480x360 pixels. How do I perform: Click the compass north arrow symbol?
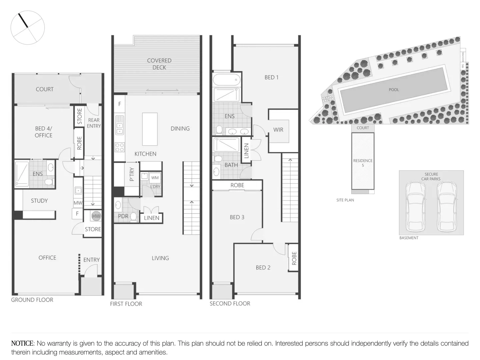click(x=24, y=20)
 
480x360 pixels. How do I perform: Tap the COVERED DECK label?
click(x=159, y=64)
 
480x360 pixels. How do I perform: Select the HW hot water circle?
click(x=96, y=216)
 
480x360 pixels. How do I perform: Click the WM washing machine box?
click(x=155, y=178)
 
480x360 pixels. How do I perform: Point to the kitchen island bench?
click(x=150, y=129)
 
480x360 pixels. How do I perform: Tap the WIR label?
click(x=278, y=130)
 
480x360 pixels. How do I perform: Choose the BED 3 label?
click(x=237, y=217)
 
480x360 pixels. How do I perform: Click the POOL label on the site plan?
click(x=394, y=90)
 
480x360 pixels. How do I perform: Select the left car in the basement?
click(x=415, y=207)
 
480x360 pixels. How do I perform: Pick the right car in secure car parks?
click(x=447, y=207)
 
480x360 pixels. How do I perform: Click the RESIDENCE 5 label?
click(x=363, y=163)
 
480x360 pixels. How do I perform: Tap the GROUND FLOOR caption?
click(x=32, y=300)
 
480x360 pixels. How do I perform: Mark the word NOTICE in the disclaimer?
click(x=22, y=343)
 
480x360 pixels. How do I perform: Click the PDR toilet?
click(x=133, y=217)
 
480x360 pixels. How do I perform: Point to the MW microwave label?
click(x=78, y=203)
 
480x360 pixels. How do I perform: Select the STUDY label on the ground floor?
click(x=39, y=201)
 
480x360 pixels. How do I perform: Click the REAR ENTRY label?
click(x=94, y=123)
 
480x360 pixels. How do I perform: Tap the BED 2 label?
click(x=263, y=268)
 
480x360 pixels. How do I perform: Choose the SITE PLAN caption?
click(x=345, y=200)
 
